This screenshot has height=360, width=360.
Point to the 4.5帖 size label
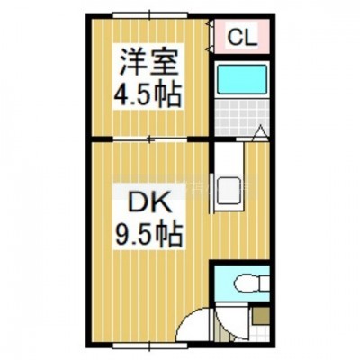pos(148,94)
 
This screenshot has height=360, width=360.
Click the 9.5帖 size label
pos(148,235)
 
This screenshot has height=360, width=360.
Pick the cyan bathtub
pos(242,79)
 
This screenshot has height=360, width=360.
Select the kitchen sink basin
pos(229,191)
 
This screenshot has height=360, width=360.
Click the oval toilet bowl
pos(247,283)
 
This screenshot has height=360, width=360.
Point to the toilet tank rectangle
pos(265,283)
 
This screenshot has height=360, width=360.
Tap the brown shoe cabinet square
pos(260,315)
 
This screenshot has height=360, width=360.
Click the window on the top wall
pos(150,15)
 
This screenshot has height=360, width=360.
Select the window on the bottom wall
pos(149,346)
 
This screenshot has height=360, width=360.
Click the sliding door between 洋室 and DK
pos(150,139)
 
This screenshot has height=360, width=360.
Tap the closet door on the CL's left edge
pos(210,36)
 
